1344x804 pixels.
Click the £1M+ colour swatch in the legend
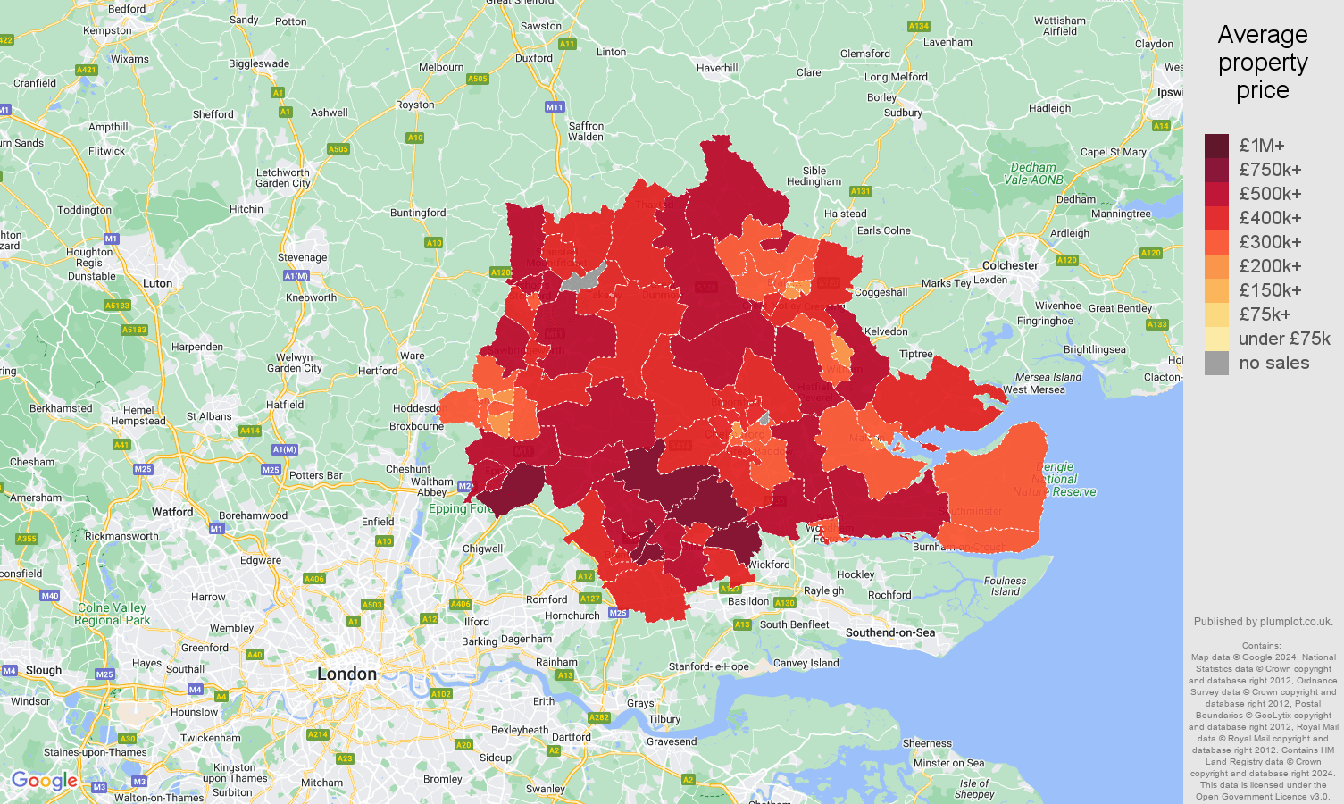pyautogui.click(x=1216, y=146)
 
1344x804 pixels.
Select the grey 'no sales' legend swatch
pyautogui.click(x=1216, y=363)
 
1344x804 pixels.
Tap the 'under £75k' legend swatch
pyautogui.click(x=1216, y=339)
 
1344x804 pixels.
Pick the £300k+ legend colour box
pyautogui.click(x=1216, y=242)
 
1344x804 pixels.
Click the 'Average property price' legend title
pyautogui.click(x=1262, y=63)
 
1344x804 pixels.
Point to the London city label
pyautogui.click(x=346, y=674)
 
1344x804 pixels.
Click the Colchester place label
pyautogui.click(x=1010, y=265)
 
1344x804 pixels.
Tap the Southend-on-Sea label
pyautogui.click(x=889, y=632)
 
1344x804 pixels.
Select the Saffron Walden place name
pyautogui.click(x=586, y=131)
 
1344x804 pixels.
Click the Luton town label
pyautogui.click(x=157, y=283)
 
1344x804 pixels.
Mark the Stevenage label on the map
pyautogui.click(x=302, y=257)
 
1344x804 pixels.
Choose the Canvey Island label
pyautogui.click(x=806, y=663)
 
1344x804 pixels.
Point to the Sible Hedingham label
pyautogui.click(x=814, y=176)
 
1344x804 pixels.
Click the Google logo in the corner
pyautogui.click(x=44, y=781)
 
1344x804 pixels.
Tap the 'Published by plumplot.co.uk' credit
pyautogui.click(x=1263, y=622)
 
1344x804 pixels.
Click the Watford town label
pyautogui.click(x=172, y=512)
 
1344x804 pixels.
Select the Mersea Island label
pyautogui.click(x=1048, y=377)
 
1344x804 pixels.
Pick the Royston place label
pyautogui.click(x=414, y=105)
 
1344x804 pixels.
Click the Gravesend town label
pyautogui.click(x=672, y=741)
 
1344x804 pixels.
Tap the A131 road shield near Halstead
pyautogui.click(x=860, y=191)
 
